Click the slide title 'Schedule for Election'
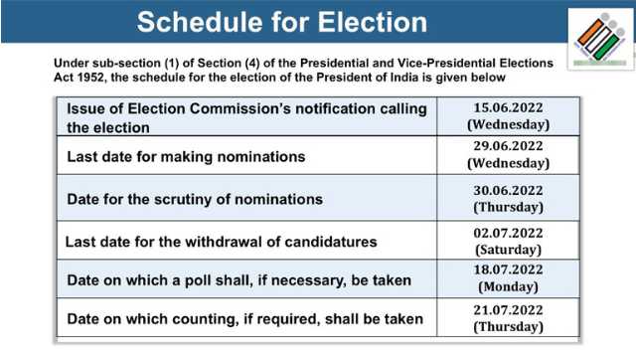282,22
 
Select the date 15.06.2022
509,106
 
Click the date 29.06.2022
509,146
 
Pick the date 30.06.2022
509,190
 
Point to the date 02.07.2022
509,233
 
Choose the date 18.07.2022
509,270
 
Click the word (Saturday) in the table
509,250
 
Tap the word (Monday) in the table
509,286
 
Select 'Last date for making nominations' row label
186,156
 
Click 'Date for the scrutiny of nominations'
195,199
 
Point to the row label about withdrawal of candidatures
221,242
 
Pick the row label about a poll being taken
238,280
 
